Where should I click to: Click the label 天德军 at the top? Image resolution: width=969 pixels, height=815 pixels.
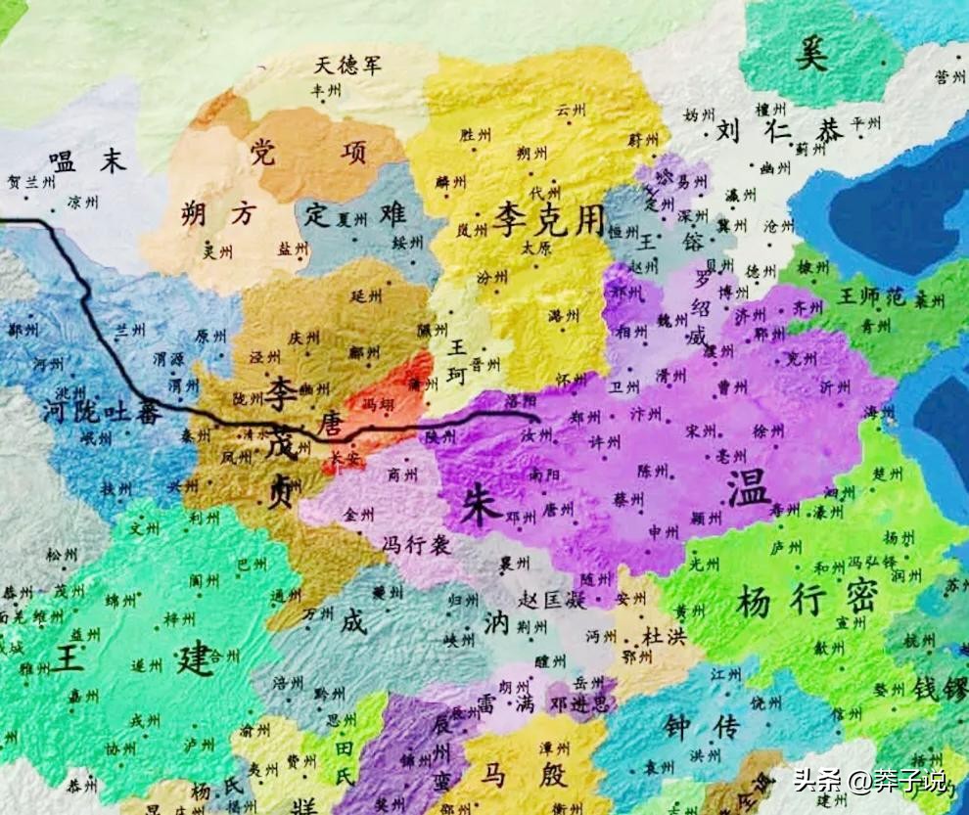tap(347, 67)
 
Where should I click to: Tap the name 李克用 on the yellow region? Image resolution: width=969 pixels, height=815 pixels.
tap(549, 219)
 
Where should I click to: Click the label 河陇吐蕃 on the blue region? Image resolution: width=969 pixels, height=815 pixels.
tap(102, 411)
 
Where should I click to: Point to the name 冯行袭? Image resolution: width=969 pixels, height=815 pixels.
tap(416, 545)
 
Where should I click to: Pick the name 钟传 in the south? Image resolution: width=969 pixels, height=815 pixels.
tap(700, 725)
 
